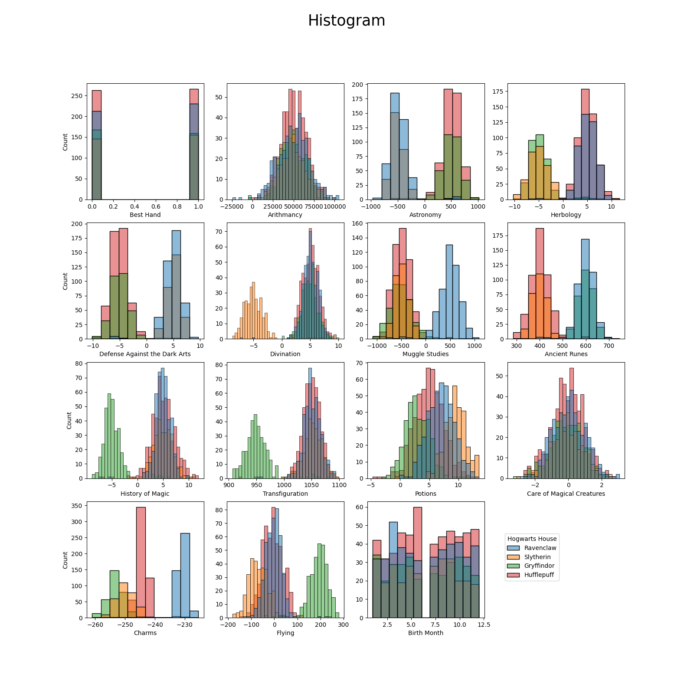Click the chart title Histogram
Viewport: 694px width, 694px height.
347,21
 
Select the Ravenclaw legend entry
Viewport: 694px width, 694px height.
540,548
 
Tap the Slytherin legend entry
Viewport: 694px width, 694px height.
537,557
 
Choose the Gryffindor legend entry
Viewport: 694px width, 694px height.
539,566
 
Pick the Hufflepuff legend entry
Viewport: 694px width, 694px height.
539,575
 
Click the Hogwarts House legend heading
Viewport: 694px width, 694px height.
532,539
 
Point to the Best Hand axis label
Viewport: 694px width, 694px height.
145,215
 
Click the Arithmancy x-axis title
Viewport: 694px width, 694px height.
285,215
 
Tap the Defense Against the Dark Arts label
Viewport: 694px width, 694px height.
145,354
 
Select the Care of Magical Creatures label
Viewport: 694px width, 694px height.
566,494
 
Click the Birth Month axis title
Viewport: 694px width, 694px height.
426,633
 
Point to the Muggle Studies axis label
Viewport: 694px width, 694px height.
426,354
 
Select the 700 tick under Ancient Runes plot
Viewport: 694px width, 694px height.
609,346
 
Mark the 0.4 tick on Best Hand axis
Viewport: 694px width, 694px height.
134,206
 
